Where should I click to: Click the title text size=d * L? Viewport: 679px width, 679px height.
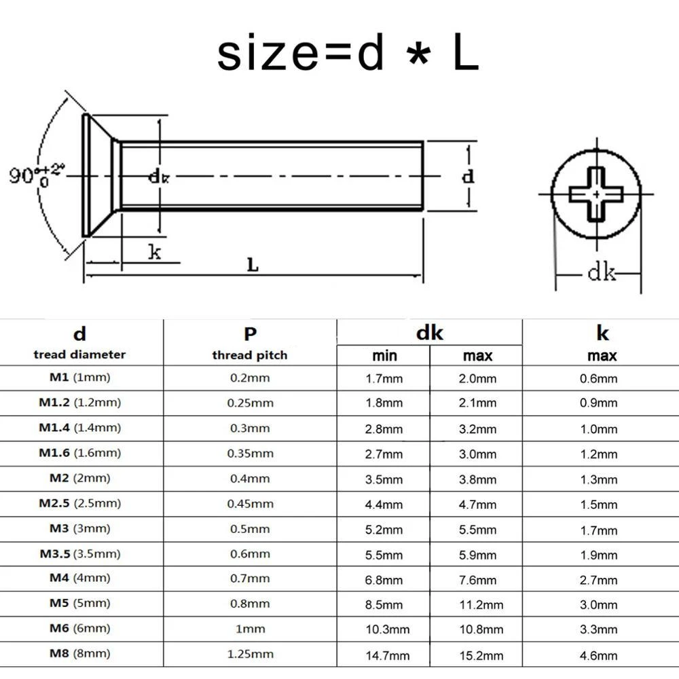pos(348,54)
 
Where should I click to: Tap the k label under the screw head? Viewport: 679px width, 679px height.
pos(155,253)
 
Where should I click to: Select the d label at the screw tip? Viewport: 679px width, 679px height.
pos(468,177)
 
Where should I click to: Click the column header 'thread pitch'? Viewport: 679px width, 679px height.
pos(249,355)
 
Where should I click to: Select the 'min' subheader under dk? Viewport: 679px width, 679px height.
pos(384,356)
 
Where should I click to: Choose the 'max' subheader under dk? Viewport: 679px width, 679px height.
pos(477,356)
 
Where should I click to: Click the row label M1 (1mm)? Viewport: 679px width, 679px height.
pos(79,378)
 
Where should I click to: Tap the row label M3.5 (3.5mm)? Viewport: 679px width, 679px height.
pos(79,553)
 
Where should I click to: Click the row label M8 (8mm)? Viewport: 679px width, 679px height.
pos(79,654)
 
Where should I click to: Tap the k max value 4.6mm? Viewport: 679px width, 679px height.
pos(598,655)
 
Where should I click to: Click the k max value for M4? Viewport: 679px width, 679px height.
pos(598,580)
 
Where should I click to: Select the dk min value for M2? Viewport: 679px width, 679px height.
pos(384,479)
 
